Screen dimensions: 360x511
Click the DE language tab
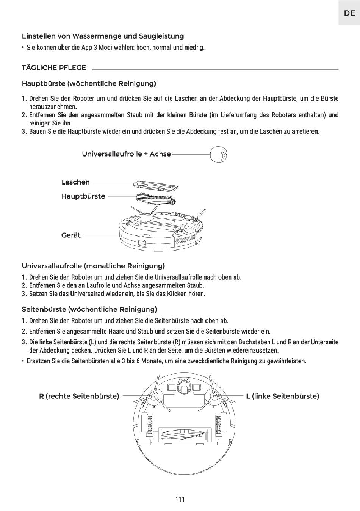pos(349,13)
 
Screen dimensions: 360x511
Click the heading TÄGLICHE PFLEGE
pos(54,67)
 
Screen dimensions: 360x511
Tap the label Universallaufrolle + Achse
pos(127,154)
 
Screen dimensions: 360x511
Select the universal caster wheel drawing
pos(219,154)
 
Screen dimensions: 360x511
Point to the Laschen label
pos(75,182)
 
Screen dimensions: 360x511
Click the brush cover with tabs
pos(156,185)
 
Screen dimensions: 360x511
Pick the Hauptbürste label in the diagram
pos(83,196)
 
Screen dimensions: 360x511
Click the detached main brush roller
pos(156,199)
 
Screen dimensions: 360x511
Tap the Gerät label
pos(71,235)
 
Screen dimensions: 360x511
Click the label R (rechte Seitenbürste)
pos(79,396)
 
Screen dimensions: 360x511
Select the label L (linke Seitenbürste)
pos(282,396)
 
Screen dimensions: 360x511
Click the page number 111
pos(180,499)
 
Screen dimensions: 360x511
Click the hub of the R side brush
pos(153,397)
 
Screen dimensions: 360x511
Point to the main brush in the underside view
pos(184,433)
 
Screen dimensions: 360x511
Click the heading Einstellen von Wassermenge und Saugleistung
pos(103,36)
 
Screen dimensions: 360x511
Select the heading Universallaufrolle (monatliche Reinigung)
pos(93,266)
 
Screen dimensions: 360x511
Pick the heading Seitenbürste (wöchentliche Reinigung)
pos(89,309)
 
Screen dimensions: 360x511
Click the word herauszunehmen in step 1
pos(53,107)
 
